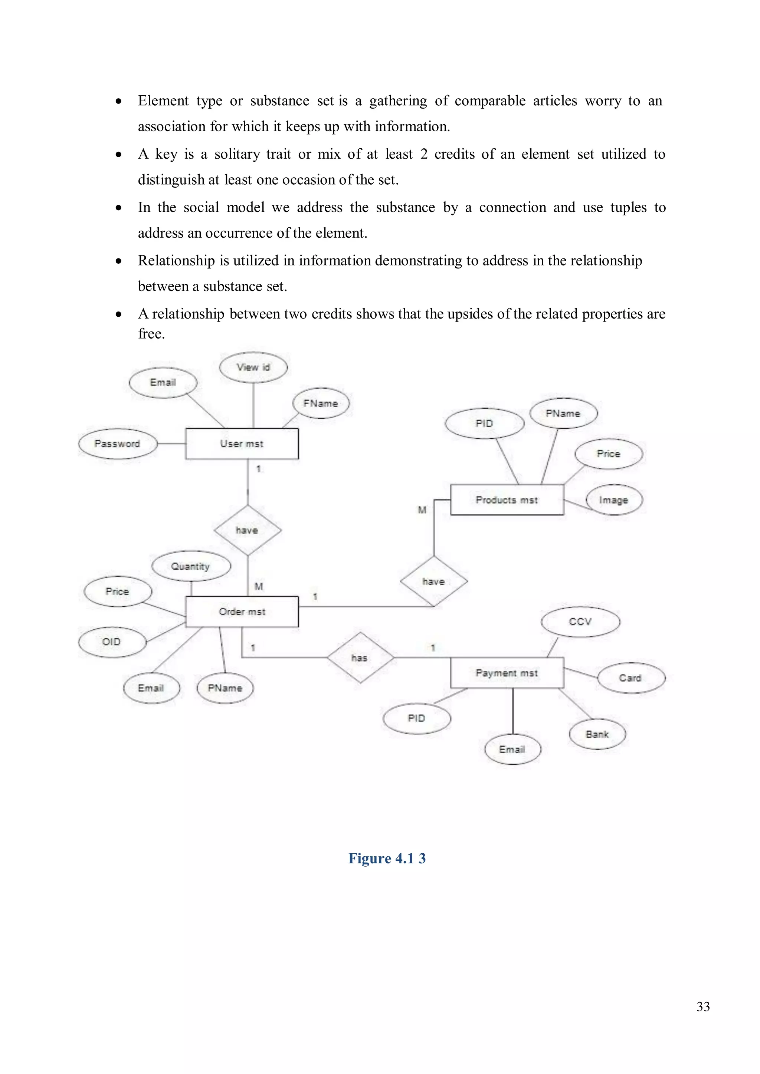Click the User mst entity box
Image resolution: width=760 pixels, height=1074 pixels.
click(242, 444)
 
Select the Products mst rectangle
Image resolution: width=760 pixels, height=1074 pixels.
click(507, 500)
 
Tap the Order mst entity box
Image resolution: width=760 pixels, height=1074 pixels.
click(242, 612)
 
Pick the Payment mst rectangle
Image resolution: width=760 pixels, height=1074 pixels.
click(507, 673)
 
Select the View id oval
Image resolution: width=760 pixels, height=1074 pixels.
click(253, 367)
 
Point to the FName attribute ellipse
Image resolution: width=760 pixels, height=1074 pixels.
click(321, 403)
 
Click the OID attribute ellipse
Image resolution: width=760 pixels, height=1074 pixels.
click(111, 642)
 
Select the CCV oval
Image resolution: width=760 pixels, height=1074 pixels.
click(580, 622)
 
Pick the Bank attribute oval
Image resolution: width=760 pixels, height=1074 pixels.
click(597, 734)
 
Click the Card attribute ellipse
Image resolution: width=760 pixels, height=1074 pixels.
click(630, 678)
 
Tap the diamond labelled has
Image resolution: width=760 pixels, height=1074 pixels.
click(360, 658)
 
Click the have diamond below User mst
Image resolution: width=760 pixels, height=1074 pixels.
click(247, 530)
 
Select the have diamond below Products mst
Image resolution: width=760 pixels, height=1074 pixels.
click(434, 582)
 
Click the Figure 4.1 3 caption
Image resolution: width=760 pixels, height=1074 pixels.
click(387, 859)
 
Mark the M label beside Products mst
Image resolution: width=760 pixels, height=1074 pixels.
click(422, 510)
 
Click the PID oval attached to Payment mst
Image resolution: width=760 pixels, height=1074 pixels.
click(416, 718)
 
